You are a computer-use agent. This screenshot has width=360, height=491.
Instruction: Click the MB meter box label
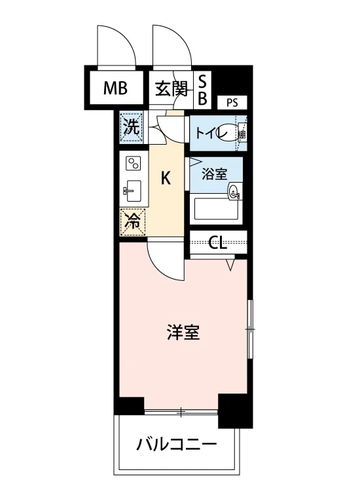click(115, 88)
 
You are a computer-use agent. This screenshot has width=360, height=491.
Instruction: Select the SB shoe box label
click(202, 90)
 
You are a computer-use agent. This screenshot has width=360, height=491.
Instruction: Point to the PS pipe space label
click(232, 101)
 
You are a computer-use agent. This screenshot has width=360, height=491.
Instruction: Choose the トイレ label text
click(209, 133)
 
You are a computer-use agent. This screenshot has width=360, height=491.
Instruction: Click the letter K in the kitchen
click(167, 178)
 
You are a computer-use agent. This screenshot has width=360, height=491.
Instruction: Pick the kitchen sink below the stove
click(133, 192)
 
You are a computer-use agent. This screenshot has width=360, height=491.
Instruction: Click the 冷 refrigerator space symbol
click(132, 221)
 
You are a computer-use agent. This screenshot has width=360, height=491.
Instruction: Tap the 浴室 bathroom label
click(214, 174)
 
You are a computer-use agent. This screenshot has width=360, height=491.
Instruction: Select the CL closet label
click(218, 243)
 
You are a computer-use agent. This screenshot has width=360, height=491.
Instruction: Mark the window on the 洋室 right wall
click(249, 330)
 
